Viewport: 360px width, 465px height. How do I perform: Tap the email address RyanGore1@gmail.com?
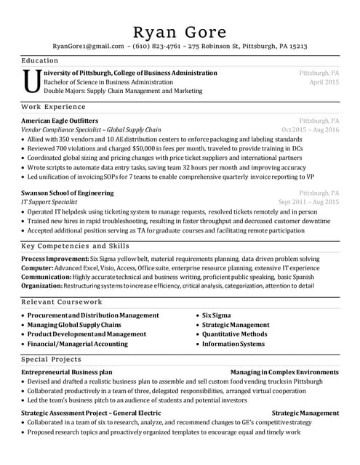(88, 46)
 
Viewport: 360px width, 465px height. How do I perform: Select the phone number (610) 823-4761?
(158, 46)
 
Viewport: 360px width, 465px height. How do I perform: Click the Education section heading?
(40, 60)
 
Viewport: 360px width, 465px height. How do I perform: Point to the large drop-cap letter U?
(31, 81)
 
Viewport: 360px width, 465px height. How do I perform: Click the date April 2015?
(324, 82)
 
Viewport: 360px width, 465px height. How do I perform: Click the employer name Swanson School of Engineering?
(68, 193)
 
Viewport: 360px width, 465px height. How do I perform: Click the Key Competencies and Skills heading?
(75, 246)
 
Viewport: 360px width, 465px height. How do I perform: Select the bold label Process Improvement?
(55, 259)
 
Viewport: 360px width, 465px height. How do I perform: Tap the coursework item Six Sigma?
(216, 315)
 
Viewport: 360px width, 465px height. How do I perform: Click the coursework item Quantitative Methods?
(234, 334)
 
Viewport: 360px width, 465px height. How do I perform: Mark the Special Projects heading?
(51, 359)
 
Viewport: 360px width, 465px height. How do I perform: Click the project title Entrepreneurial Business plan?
(67, 371)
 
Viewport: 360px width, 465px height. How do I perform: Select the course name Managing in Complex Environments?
(284, 371)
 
